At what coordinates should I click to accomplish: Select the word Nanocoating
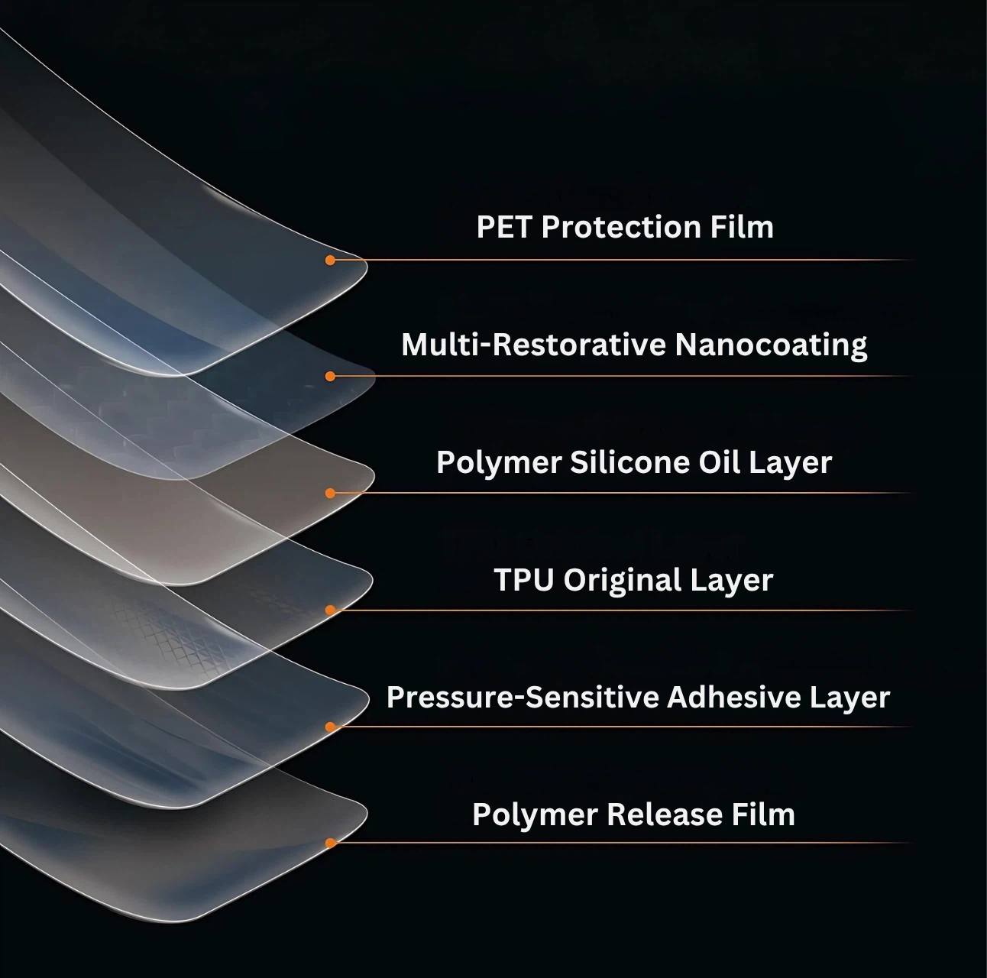pos(771,345)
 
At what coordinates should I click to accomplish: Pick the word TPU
pos(524,580)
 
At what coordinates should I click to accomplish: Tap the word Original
pos(623,581)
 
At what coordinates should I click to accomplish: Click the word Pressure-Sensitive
pos(523,698)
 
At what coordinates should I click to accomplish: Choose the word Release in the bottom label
pos(665,814)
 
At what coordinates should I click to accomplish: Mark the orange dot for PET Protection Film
pos(330,261)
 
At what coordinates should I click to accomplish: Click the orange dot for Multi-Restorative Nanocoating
pos(330,377)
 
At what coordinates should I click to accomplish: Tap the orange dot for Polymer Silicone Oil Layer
pos(330,494)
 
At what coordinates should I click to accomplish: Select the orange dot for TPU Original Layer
pos(330,610)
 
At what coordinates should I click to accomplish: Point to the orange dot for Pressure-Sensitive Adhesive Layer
pos(330,727)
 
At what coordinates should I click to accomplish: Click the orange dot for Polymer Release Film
pos(330,844)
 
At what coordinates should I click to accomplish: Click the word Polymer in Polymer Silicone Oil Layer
pos(499,463)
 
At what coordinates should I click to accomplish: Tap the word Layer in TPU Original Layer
pos(731,581)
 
